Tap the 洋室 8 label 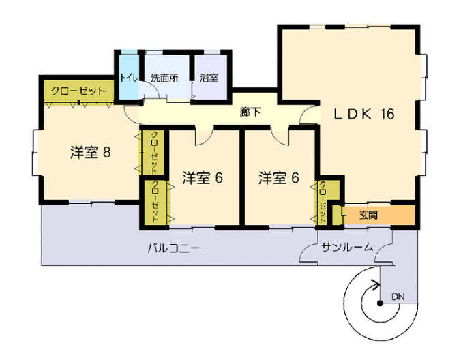(90, 151)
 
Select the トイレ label (127, 78)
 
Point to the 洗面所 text (164, 78)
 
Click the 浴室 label (209, 78)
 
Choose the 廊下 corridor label (250, 112)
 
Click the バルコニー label (174, 247)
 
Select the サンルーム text (347, 247)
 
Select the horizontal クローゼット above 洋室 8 (78, 91)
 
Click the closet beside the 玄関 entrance (321, 202)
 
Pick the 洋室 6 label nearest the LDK (279, 178)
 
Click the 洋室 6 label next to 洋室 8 (203, 178)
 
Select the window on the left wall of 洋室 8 (33, 153)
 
